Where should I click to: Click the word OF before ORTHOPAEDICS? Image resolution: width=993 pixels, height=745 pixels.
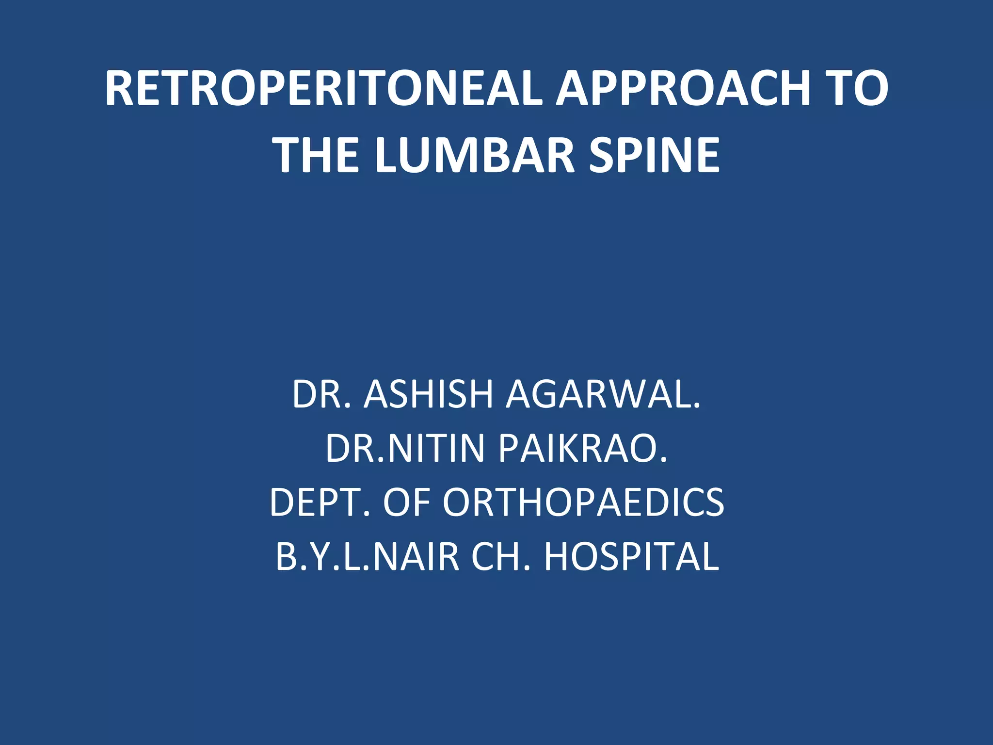pyautogui.click(x=406, y=502)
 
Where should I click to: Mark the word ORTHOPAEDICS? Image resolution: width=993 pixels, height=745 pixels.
pyautogui.click(x=583, y=502)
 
